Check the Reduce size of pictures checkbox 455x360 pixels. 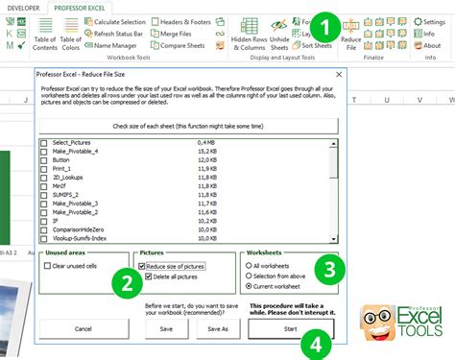[141, 265]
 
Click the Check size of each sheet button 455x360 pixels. [188, 125]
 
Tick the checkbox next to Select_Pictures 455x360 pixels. [44, 143]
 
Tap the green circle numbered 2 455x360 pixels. [123, 282]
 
